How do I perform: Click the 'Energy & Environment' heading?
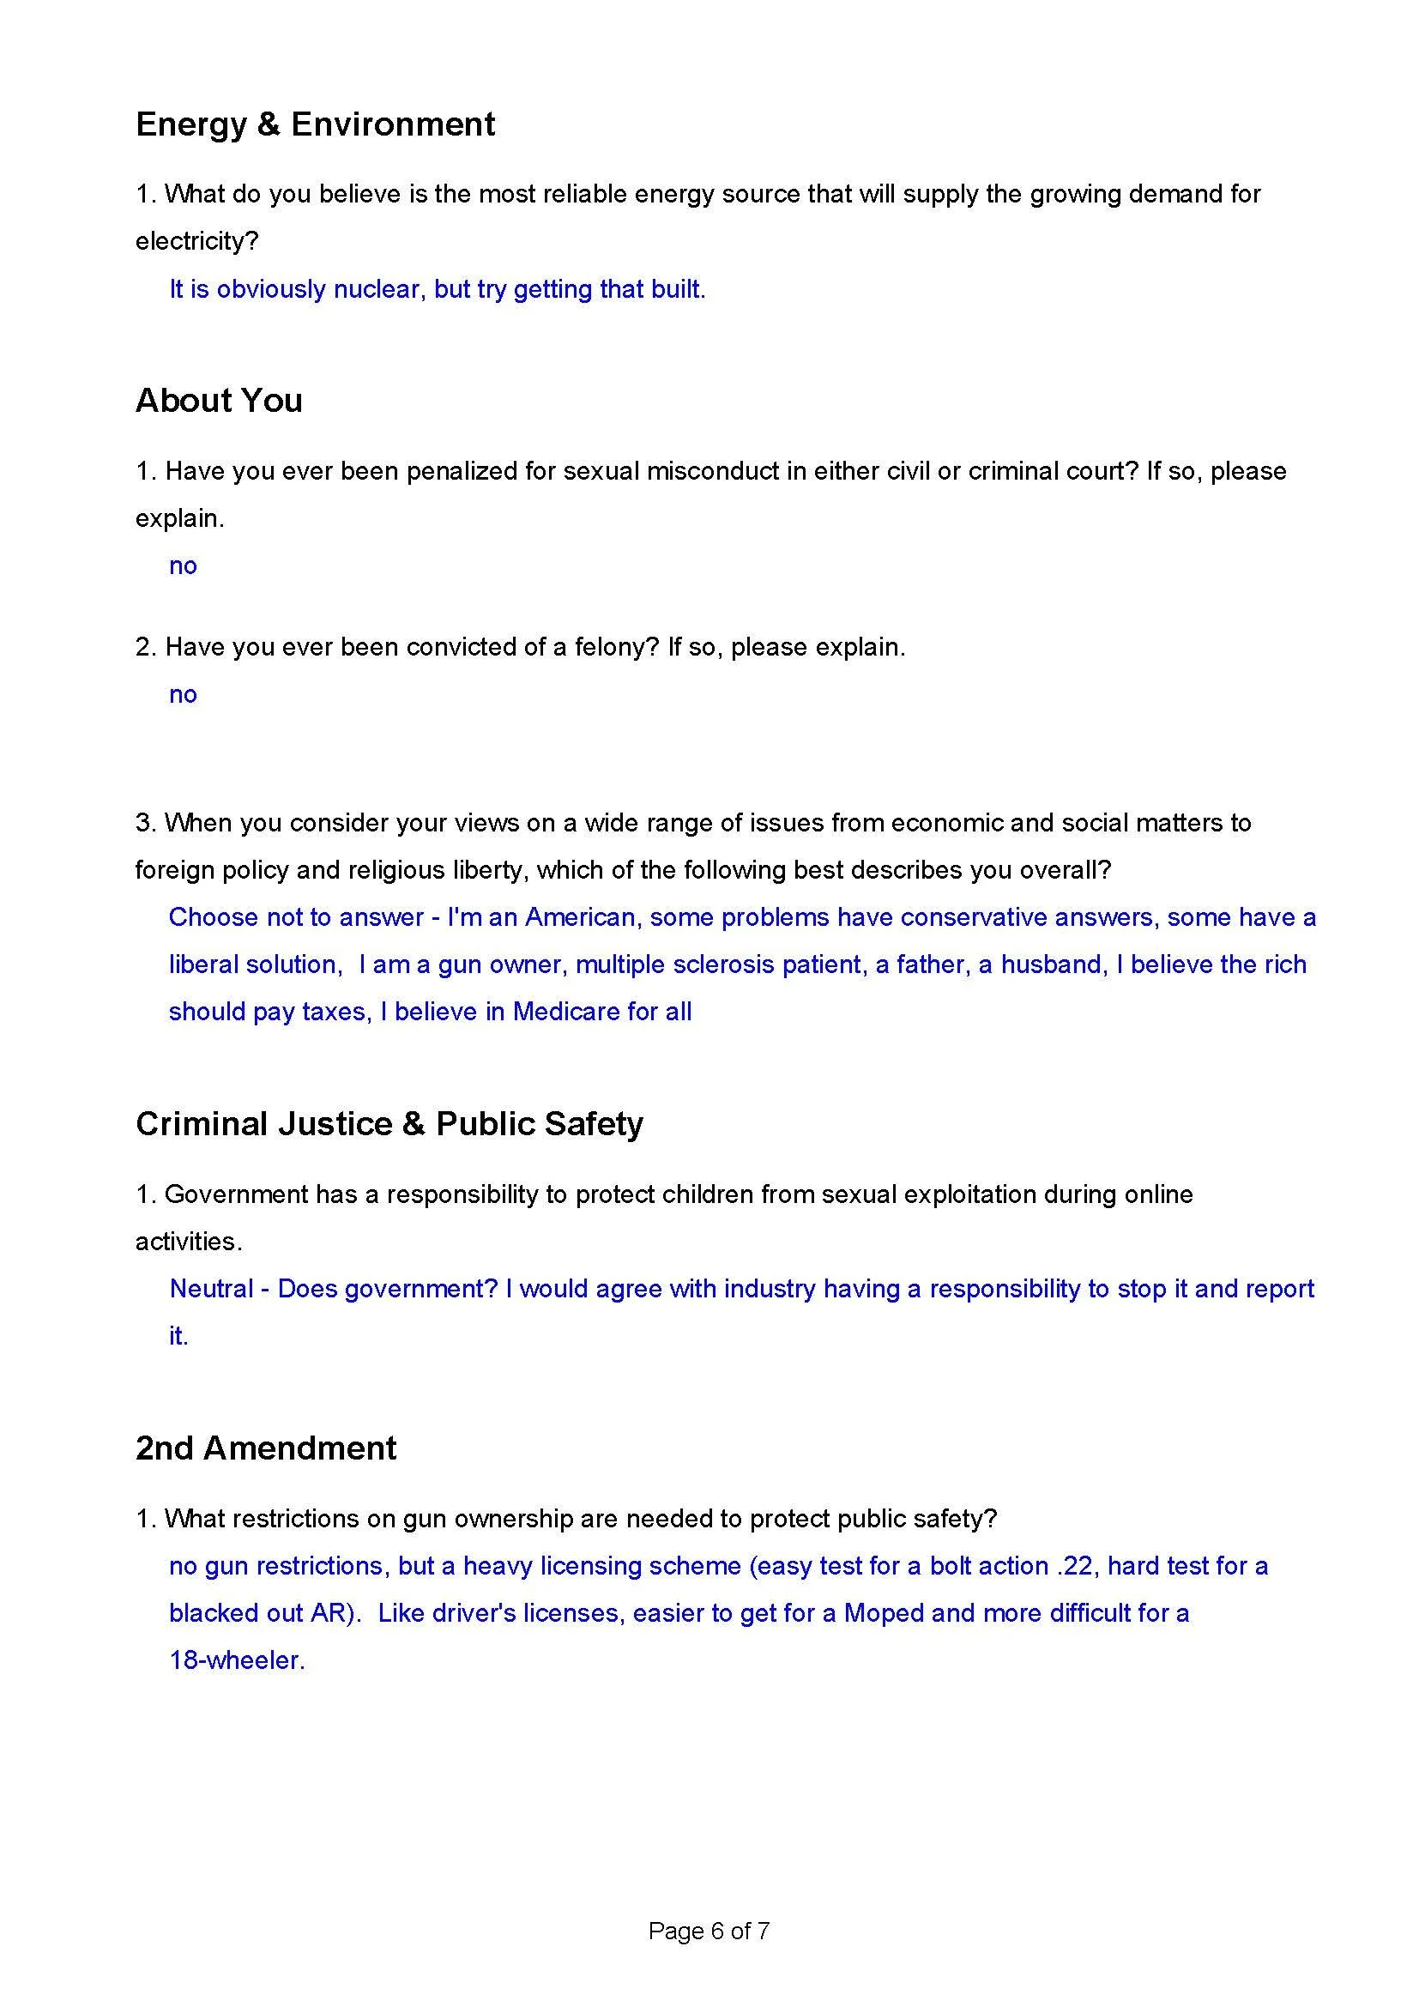(315, 124)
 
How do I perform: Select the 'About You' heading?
(219, 401)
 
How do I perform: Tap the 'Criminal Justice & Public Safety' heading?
(389, 1123)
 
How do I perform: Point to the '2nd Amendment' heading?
(266, 1448)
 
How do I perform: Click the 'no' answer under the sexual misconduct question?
(183, 565)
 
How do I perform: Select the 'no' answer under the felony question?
(183, 694)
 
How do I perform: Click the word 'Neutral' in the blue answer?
(211, 1289)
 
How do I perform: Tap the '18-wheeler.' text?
(237, 1660)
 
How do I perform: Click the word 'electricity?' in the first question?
(196, 241)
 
